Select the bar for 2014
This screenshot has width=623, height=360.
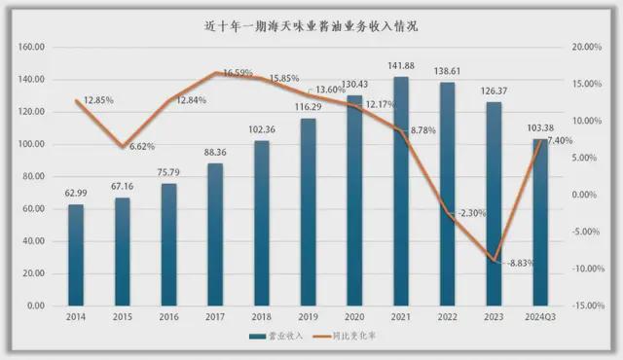click(76, 255)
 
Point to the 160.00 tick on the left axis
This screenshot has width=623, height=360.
click(35, 47)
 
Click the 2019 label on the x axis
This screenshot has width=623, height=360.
click(308, 317)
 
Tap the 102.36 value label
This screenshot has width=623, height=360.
click(262, 130)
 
